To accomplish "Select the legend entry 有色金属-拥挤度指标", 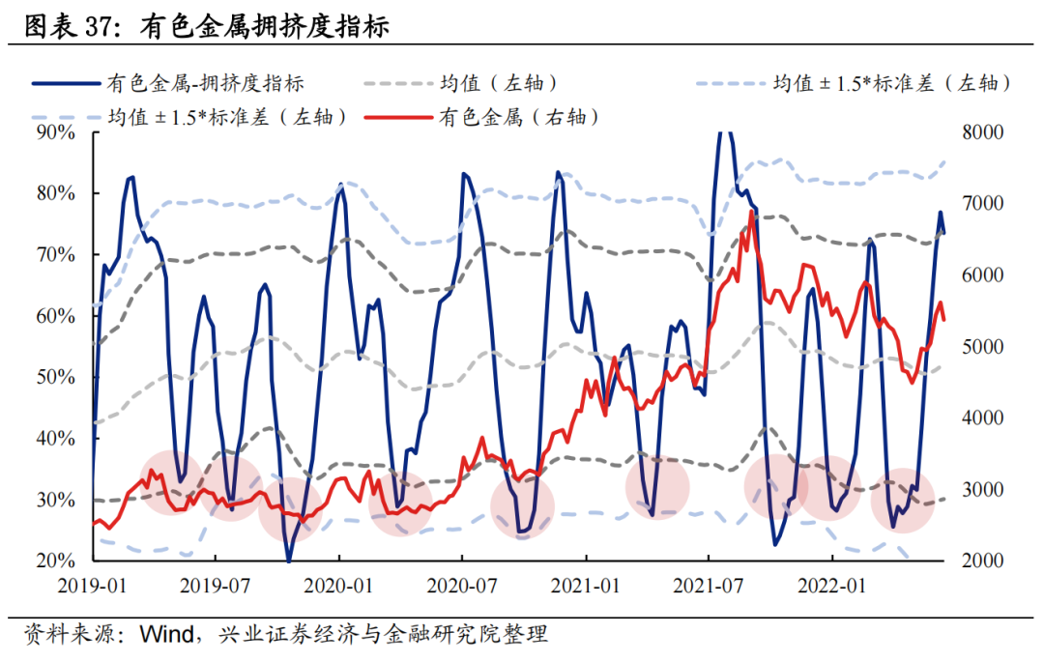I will tap(208, 83).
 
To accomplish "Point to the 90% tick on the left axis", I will tap(54, 131).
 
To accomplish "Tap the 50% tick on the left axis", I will tap(54, 377).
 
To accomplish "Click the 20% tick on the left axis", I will tap(54, 561).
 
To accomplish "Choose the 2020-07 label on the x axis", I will tap(462, 585).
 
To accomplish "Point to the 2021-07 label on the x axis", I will tap(709, 585).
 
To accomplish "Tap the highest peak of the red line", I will tap(751, 211).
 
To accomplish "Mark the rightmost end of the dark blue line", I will tap(944, 233).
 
